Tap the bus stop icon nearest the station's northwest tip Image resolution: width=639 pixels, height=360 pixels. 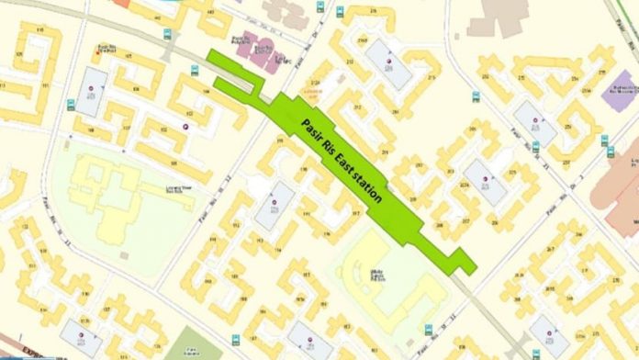194,70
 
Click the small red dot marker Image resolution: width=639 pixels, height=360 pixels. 97,51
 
